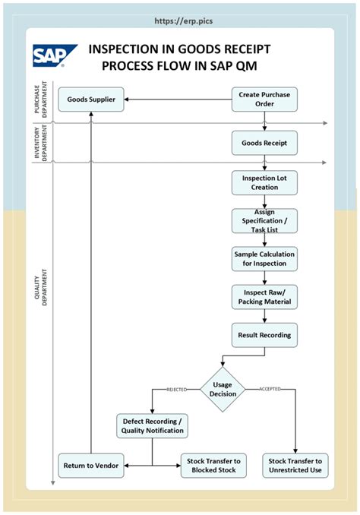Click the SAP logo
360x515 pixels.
click(x=54, y=56)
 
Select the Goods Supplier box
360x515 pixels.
click(x=91, y=100)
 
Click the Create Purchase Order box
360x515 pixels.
click(x=264, y=100)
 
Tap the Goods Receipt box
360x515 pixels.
click(x=264, y=142)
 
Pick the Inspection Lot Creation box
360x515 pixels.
click(x=264, y=182)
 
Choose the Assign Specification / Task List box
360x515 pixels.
click(x=264, y=220)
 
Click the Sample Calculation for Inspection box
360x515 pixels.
click(x=264, y=258)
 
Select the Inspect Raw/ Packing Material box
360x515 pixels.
click(x=264, y=296)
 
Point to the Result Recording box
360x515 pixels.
click(x=264, y=334)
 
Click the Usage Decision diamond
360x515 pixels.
click(x=223, y=388)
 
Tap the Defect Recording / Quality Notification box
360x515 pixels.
click(x=153, y=426)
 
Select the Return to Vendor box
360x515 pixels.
click(x=91, y=465)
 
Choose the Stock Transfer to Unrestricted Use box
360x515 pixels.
click(x=295, y=465)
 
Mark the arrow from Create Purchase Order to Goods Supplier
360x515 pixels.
click(x=178, y=100)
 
